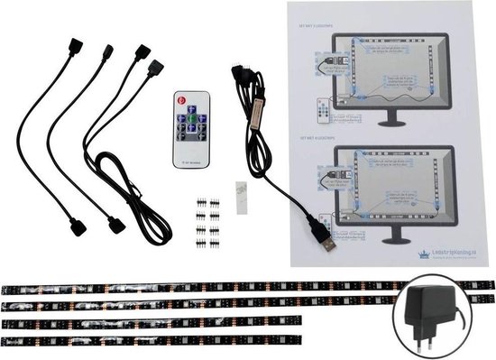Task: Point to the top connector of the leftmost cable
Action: tap(74, 50)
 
